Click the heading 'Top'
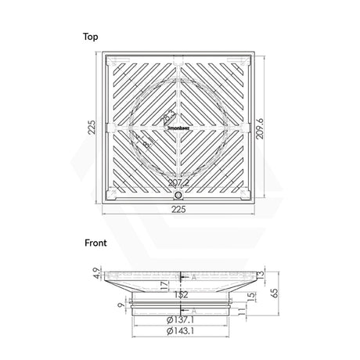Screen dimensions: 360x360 (92, 36)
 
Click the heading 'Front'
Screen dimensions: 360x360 (95, 243)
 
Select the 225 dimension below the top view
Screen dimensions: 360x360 (180, 210)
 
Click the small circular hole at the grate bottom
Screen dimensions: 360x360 (179, 194)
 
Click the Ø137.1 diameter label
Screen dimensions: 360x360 (180, 320)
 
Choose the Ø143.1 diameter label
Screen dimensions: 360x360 (180, 332)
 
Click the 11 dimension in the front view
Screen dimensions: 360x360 (244, 311)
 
